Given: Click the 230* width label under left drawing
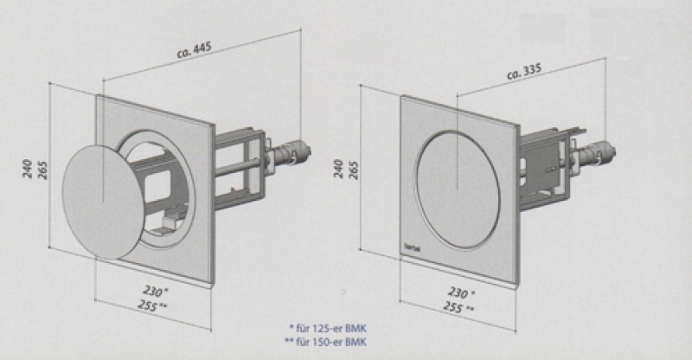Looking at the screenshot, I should (157, 292).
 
